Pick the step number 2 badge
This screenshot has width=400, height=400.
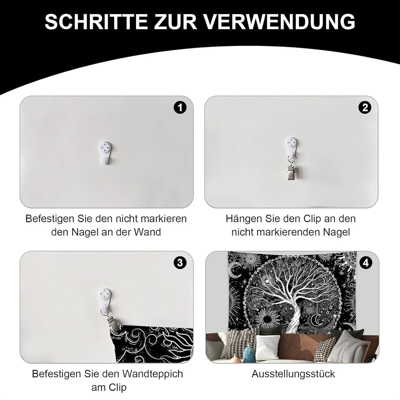(365, 108)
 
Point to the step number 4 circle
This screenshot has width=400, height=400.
(366, 263)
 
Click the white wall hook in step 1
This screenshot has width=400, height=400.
(106, 151)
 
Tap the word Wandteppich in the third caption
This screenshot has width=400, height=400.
(153, 374)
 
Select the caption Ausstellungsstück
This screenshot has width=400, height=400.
(293, 374)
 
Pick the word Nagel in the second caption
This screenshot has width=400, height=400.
(335, 232)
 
